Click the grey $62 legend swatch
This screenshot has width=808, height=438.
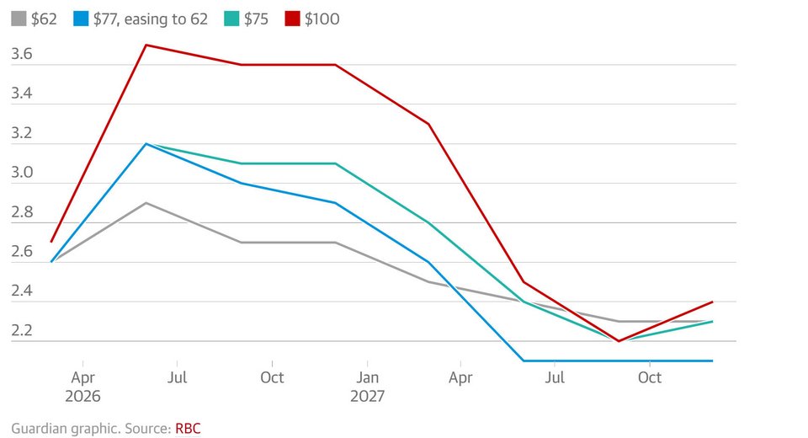point(19,19)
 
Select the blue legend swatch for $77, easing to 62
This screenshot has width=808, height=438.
point(82,19)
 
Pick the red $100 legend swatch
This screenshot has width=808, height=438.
point(292,19)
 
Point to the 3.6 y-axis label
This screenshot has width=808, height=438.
point(22,54)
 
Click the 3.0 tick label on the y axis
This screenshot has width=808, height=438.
point(22,173)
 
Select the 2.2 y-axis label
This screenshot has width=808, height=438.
point(22,331)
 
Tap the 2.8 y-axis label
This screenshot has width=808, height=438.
point(22,212)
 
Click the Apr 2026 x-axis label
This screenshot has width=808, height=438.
point(83,386)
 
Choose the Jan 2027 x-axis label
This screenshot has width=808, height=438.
point(367,386)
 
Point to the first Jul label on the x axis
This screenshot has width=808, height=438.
point(178,377)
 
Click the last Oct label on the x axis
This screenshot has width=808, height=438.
point(650,377)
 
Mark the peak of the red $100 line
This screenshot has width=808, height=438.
point(146,45)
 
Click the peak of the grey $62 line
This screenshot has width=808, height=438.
point(146,203)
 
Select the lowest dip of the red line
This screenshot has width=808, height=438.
point(619,341)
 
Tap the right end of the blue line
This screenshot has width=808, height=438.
point(713,361)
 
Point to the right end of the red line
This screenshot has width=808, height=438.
point(713,302)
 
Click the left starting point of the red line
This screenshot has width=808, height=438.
point(52,242)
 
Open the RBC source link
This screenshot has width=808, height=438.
point(188,428)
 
